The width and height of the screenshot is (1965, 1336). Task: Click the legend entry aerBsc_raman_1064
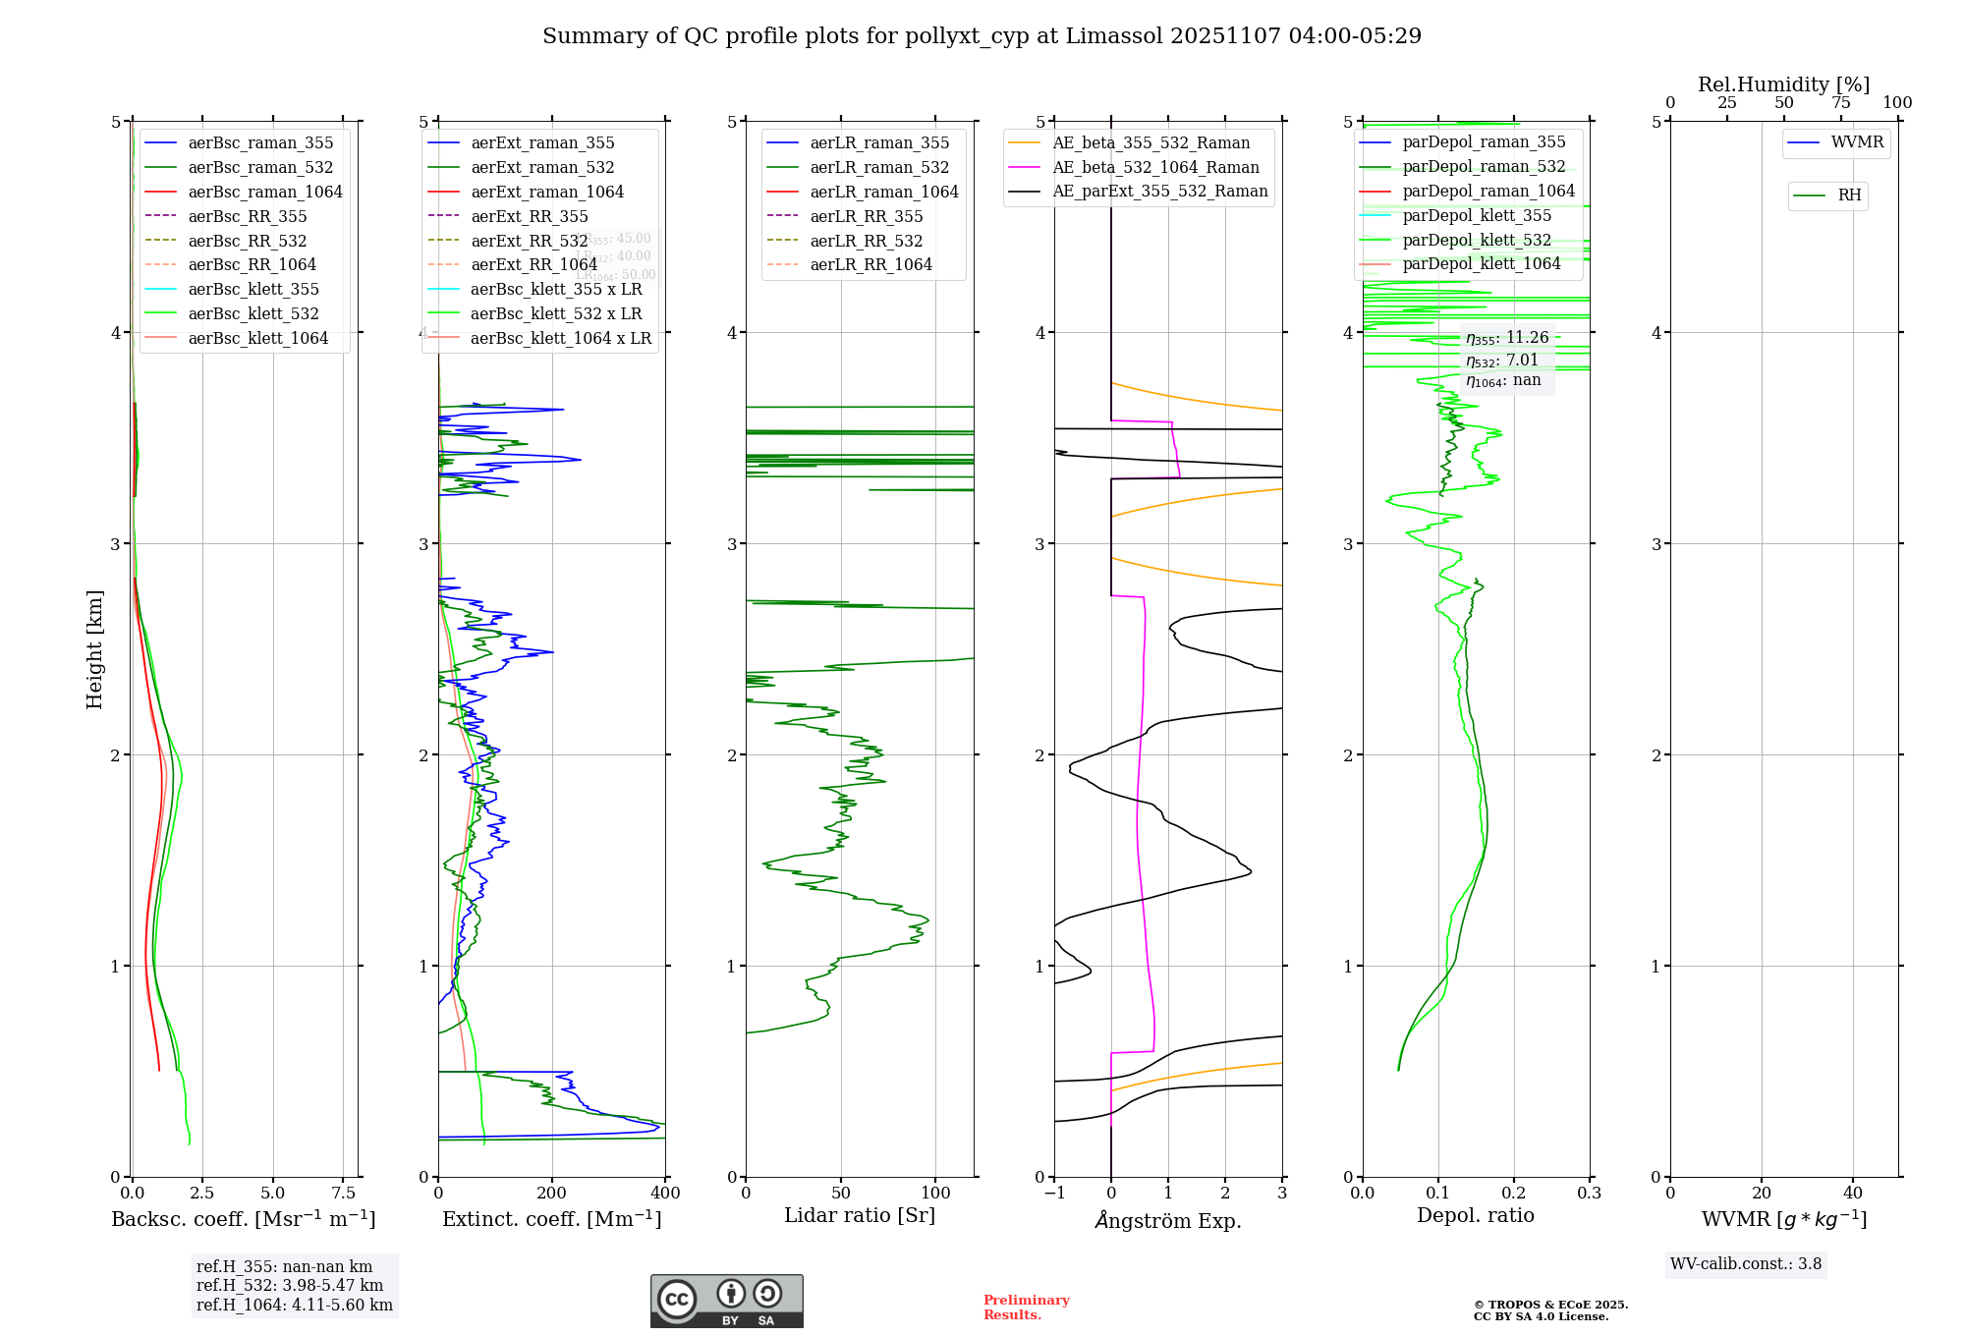[265, 192]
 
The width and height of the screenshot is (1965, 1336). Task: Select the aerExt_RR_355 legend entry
[529, 216]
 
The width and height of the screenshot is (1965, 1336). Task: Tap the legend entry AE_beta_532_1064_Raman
[1155, 167]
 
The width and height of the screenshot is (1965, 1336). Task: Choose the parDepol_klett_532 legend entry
[1476, 240]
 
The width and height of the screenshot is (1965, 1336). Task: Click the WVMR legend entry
[1857, 142]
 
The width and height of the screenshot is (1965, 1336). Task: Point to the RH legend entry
[1849, 195]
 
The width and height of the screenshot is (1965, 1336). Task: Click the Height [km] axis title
[94, 648]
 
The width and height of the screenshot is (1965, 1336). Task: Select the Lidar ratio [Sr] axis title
[860, 1215]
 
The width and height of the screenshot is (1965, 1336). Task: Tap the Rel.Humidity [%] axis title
[1783, 84]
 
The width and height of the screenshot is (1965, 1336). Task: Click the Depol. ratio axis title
[1475, 1215]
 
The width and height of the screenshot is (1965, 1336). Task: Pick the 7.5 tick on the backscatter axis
[343, 1194]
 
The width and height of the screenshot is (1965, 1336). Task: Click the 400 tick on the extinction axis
[665, 1194]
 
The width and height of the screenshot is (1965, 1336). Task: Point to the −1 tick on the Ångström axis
[1053, 1194]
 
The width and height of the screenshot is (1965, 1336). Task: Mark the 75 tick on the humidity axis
[1840, 103]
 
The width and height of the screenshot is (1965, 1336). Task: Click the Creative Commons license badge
[726, 1302]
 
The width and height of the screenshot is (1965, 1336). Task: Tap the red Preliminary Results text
[1026, 1308]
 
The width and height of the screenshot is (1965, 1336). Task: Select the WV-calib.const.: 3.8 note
[1746, 1264]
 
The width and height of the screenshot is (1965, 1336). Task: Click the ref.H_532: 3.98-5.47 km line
[290, 1286]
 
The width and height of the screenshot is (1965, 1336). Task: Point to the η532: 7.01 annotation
[1502, 361]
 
